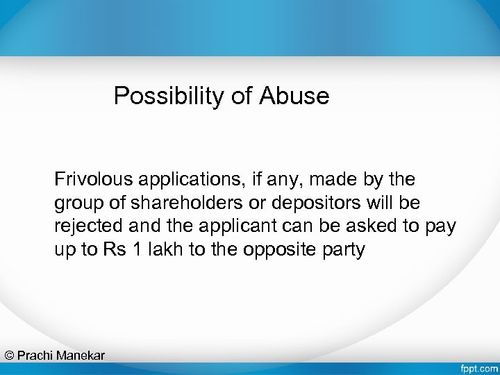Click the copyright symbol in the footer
pyautogui.click(x=9, y=356)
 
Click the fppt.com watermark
pyautogui.click(x=478, y=367)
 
